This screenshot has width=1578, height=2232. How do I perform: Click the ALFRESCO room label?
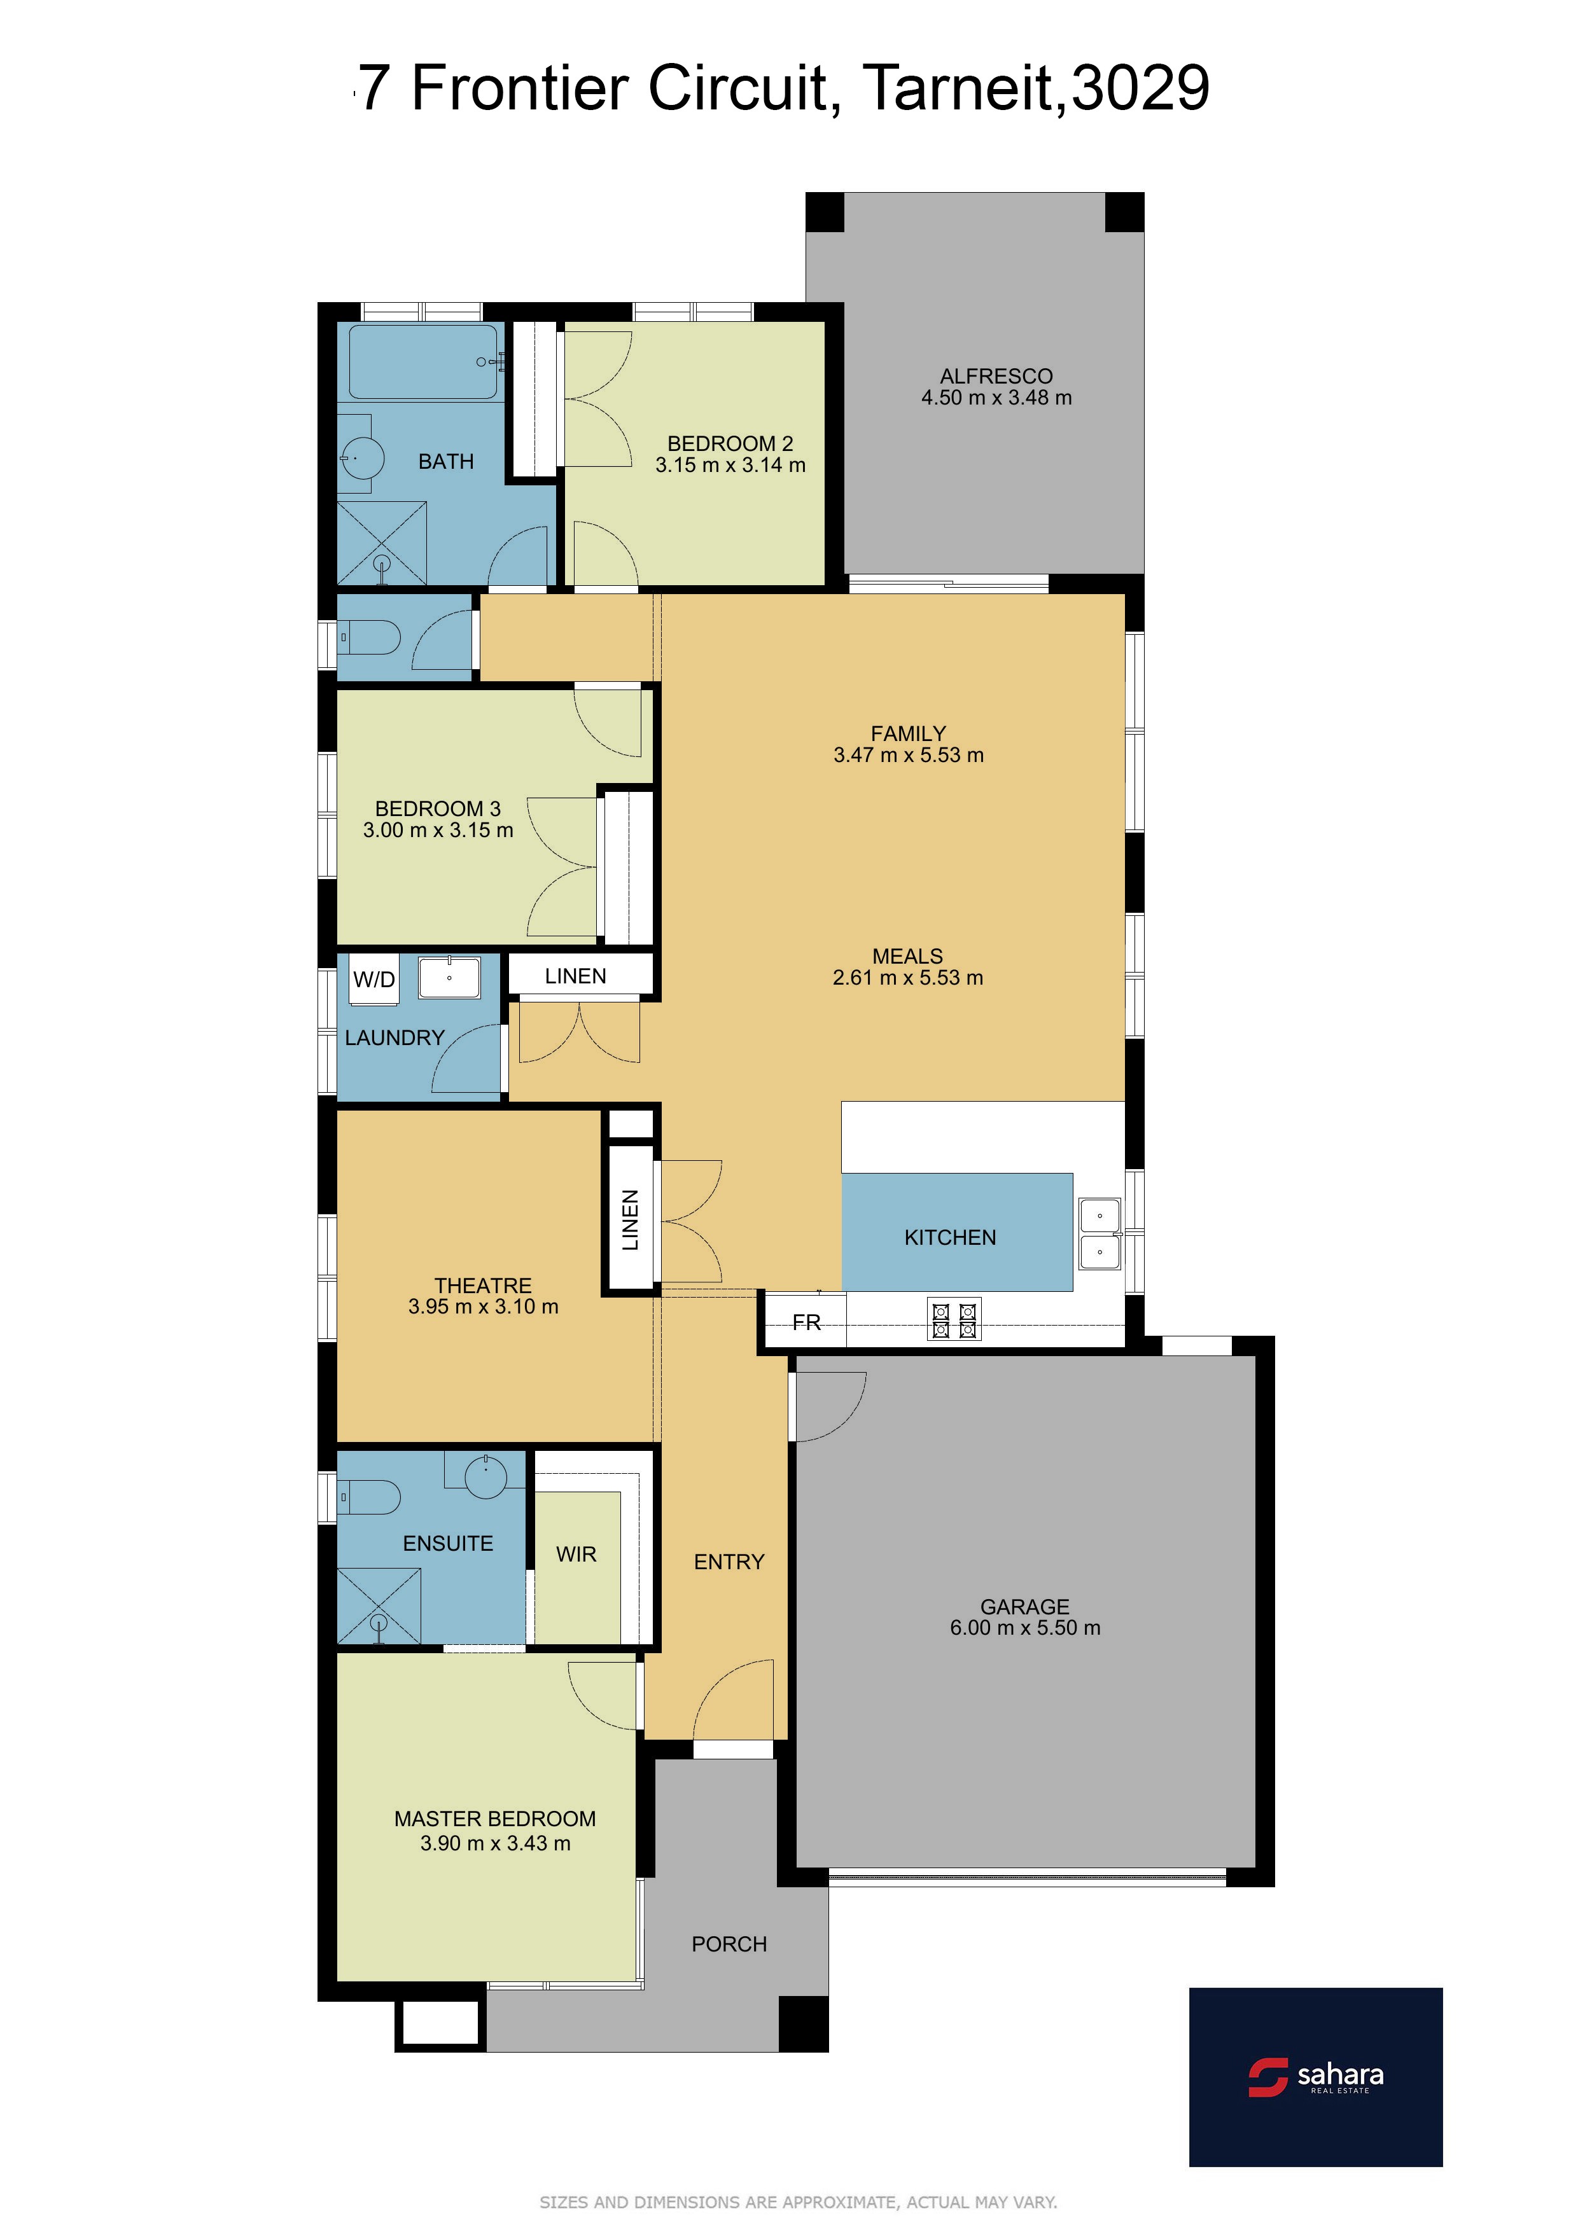(x=996, y=376)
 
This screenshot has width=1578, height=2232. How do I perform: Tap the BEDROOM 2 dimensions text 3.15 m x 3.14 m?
(x=730, y=466)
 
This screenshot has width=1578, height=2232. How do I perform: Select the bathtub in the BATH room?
(x=424, y=362)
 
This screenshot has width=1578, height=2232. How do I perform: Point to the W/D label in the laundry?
(x=374, y=980)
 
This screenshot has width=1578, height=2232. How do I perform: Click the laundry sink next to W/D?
(x=449, y=977)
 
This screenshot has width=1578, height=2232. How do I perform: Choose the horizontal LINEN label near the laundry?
(x=576, y=976)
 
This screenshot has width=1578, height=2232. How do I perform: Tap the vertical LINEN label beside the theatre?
(x=630, y=1220)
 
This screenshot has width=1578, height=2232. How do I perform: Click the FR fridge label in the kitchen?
(x=806, y=1322)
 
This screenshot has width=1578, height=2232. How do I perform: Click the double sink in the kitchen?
(x=1100, y=1233)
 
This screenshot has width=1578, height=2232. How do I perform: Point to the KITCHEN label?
(x=950, y=1238)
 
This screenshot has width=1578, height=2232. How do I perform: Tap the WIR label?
(x=576, y=1555)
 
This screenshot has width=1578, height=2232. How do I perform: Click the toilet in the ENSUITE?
(x=368, y=1497)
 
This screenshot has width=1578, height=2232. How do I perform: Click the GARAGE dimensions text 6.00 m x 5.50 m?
(x=1025, y=1628)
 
